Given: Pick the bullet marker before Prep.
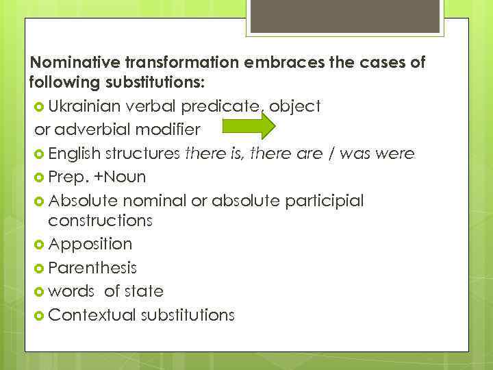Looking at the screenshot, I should point(39,177).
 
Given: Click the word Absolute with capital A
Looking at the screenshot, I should point(80,200).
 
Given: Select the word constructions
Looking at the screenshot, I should point(100,221).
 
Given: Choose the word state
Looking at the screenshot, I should point(143,291).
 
